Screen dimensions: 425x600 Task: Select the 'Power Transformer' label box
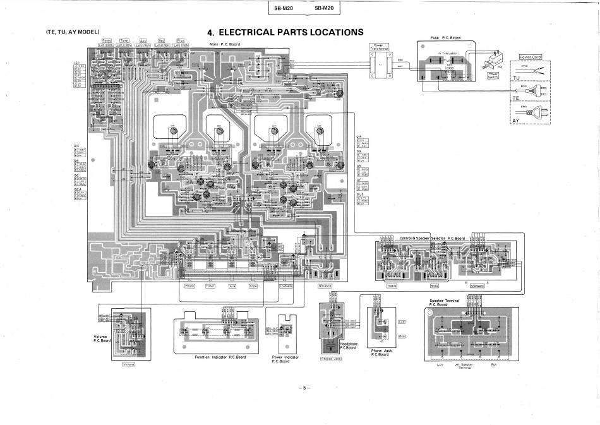(x=379, y=47)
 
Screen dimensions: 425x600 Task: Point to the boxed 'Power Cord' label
(x=530, y=57)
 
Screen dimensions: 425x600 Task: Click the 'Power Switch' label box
(x=494, y=76)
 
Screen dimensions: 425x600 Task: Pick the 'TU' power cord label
(x=517, y=78)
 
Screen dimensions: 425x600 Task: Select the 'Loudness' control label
(x=287, y=285)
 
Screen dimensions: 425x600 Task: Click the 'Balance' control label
(x=325, y=285)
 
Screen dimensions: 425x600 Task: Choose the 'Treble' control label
(x=392, y=285)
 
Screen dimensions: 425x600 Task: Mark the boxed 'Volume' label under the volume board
(x=128, y=364)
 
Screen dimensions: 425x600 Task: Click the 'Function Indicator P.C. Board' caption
(x=220, y=357)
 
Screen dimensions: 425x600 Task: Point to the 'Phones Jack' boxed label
(x=331, y=359)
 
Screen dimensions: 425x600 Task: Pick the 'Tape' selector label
(x=253, y=285)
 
